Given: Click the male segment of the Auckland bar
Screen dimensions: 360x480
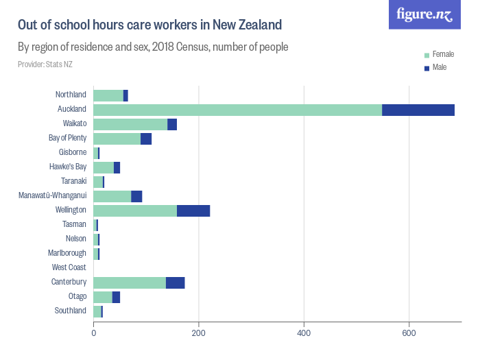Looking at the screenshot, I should pyautogui.click(x=418, y=110).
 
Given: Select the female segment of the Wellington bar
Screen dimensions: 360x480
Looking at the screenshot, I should pyautogui.click(x=135, y=211).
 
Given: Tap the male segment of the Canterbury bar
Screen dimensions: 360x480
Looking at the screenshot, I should pyautogui.click(x=175, y=283).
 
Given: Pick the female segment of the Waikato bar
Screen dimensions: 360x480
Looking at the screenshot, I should pyautogui.click(x=130, y=124).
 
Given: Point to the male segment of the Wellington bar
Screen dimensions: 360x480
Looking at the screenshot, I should pyautogui.click(x=193, y=211).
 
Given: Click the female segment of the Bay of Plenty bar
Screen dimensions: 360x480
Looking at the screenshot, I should pyautogui.click(x=117, y=139).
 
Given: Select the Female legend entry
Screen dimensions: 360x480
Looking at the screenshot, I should pyautogui.click(x=443, y=54).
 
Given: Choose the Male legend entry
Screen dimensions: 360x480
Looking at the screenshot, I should pyautogui.click(x=440, y=67).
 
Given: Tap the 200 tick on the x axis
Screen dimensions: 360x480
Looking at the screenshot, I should pyautogui.click(x=199, y=333).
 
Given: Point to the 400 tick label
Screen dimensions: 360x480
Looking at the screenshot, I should pyautogui.click(x=304, y=333).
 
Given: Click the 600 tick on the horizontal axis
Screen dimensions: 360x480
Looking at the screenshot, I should pyautogui.click(x=409, y=333).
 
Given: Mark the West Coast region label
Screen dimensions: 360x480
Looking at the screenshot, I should pyautogui.click(x=69, y=267).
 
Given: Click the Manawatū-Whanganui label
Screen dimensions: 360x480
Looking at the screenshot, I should pyautogui.click(x=52, y=195).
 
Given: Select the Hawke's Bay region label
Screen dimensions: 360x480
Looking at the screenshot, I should pyautogui.click(x=68, y=167).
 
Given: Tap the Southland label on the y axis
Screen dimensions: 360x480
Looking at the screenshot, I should pyautogui.click(x=71, y=311).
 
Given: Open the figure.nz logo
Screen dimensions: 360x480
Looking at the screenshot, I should pyautogui.click(x=424, y=14).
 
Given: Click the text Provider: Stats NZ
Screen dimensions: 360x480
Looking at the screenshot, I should pyautogui.click(x=45, y=64).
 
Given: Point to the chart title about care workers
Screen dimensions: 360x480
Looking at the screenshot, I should pyautogui.click(x=149, y=25).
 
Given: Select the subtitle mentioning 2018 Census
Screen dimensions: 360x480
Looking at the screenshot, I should pyautogui.click(x=152, y=47).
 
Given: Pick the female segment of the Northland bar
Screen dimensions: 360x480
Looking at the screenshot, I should pyautogui.click(x=108, y=95).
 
